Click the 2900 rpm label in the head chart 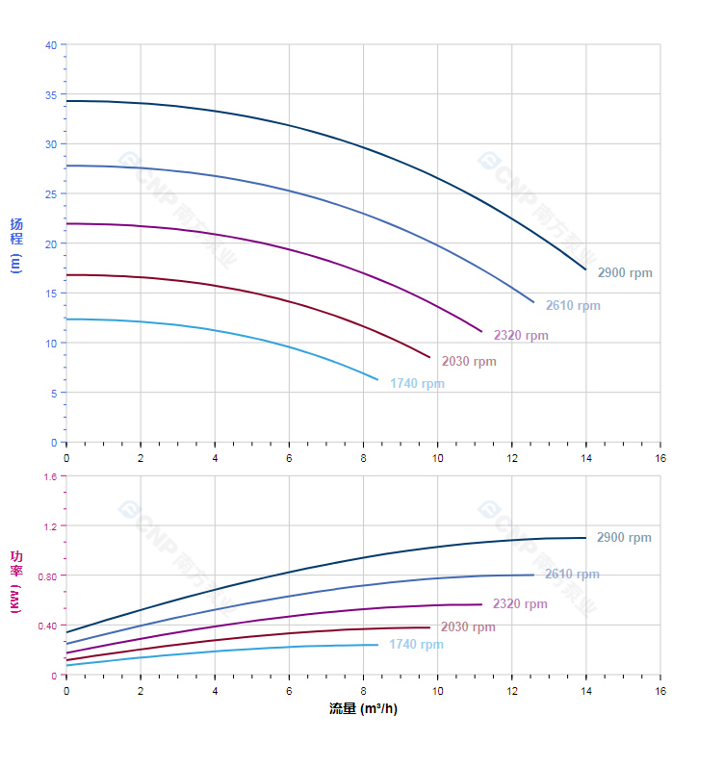pyautogui.click(x=625, y=273)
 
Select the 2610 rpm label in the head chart pyautogui.click(x=573, y=306)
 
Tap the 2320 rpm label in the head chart pyautogui.click(x=521, y=336)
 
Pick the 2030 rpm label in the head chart pyautogui.click(x=469, y=362)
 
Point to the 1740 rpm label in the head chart pyautogui.click(x=417, y=384)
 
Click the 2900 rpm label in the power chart pyautogui.click(x=624, y=538)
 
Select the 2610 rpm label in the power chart pyautogui.click(x=572, y=575)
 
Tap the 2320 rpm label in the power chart pyautogui.click(x=520, y=604)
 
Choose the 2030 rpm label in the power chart pyautogui.click(x=468, y=627)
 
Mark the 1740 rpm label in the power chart pyautogui.click(x=416, y=645)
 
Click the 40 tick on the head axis pyautogui.click(x=51, y=45)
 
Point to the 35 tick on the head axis pyautogui.click(x=51, y=94)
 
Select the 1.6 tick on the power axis pyautogui.click(x=50, y=476)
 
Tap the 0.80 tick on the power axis pyautogui.click(x=47, y=575)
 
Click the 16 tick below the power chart pyautogui.click(x=660, y=691)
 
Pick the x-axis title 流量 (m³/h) pyautogui.click(x=363, y=709)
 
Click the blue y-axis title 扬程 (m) pyautogui.click(x=16, y=244)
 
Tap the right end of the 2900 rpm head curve pyautogui.click(x=585, y=269)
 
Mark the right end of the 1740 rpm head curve pyautogui.click(x=378, y=380)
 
